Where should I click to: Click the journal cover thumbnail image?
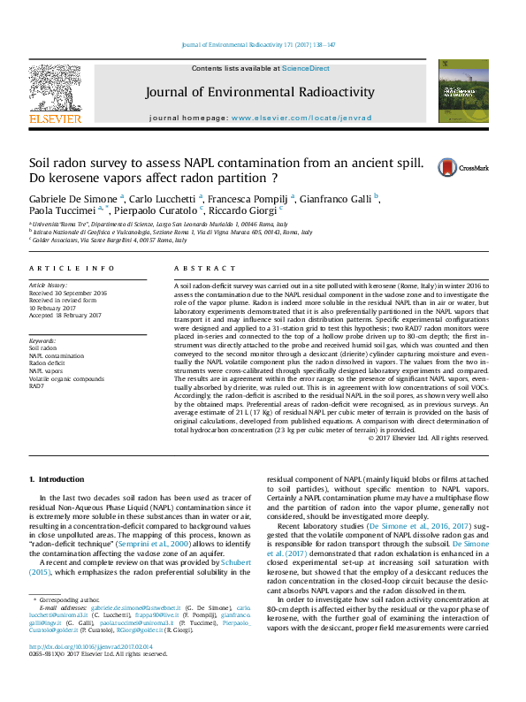[x=463, y=91]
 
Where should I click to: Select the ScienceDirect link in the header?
[x=306, y=68]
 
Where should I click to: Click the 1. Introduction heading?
[x=57, y=478]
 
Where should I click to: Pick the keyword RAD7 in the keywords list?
[x=36, y=385]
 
